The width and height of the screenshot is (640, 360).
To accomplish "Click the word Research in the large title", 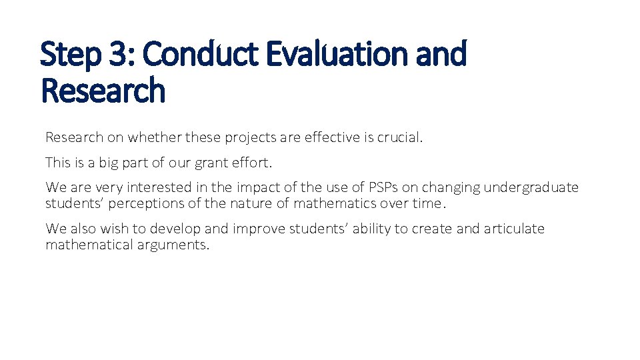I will tap(103, 91).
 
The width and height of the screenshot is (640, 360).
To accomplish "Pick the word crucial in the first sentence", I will tap(399, 137).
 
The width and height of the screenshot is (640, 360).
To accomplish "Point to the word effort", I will tap(251, 162).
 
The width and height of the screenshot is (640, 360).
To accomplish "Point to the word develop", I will tap(175, 229).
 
